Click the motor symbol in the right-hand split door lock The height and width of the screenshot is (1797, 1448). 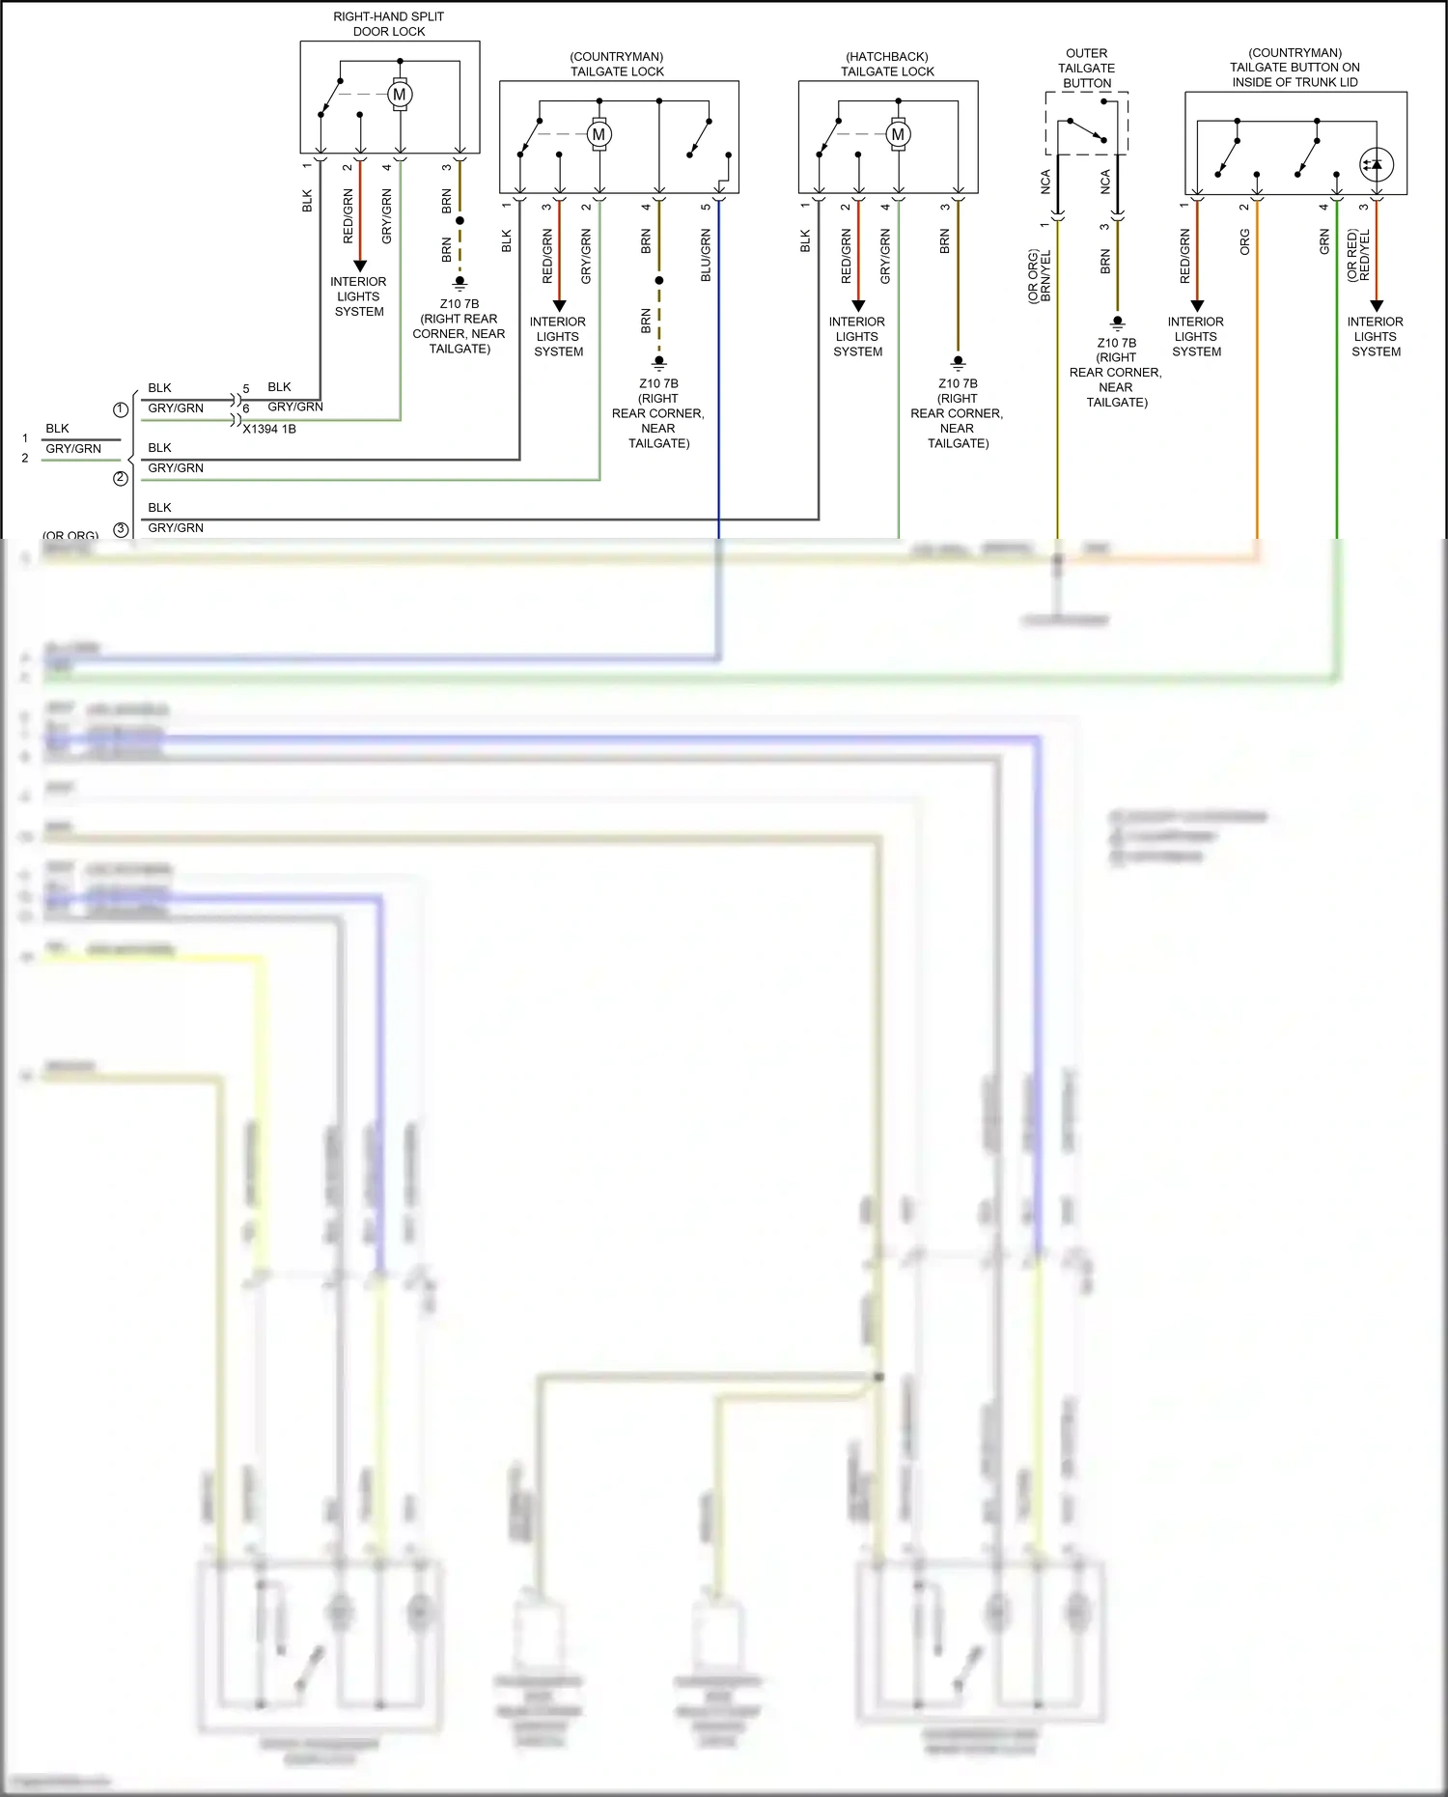click(x=400, y=95)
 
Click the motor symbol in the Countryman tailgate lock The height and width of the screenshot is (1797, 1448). click(x=599, y=134)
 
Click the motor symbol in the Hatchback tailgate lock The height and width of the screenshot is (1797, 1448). click(x=898, y=134)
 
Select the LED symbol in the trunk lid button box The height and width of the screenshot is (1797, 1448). click(x=1376, y=164)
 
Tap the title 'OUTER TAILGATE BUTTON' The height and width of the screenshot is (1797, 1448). click(x=1087, y=69)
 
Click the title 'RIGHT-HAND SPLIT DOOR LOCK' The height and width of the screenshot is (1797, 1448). click(x=389, y=24)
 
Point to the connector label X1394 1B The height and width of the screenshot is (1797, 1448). click(x=269, y=429)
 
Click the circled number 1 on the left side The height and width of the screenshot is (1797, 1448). click(x=121, y=409)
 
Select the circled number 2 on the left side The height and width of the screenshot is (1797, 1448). click(x=121, y=478)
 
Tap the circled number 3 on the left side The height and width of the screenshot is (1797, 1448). click(x=121, y=529)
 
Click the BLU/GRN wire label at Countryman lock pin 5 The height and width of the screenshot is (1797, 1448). click(x=706, y=256)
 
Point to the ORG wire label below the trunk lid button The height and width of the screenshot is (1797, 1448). click(x=1245, y=242)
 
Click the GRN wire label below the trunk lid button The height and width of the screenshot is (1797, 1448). click(x=1324, y=242)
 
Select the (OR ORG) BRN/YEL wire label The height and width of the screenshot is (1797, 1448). click(x=1040, y=277)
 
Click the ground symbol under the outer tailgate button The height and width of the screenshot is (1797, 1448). click(x=1117, y=323)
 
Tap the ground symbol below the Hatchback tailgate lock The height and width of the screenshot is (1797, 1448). click(x=958, y=363)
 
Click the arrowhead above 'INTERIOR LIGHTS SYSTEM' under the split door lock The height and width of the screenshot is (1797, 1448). click(x=360, y=266)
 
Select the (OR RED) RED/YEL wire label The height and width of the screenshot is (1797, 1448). click(x=1358, y=256)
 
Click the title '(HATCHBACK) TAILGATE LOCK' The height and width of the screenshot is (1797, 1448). click(x=887, y=65)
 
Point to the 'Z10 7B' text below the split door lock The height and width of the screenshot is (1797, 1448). click(x=459, y=303)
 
